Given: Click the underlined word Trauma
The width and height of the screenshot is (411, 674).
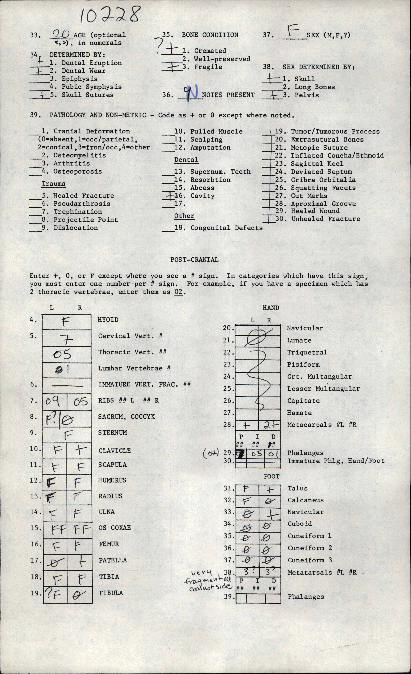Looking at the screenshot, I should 53,184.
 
